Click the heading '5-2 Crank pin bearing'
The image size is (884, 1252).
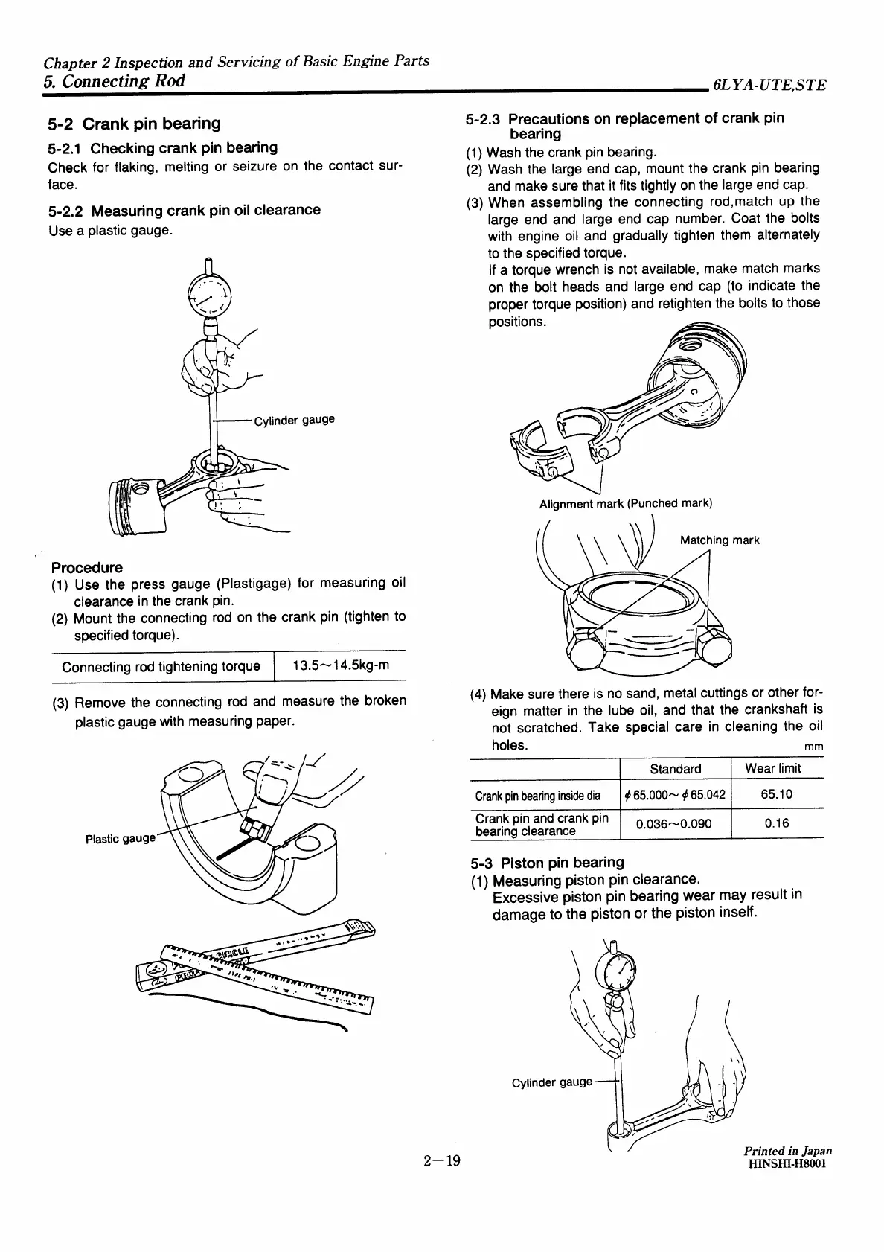(x=134, y=124)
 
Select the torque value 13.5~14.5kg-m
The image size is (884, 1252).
(x=341, y=665)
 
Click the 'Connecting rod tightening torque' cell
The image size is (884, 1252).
(x=161, y=666)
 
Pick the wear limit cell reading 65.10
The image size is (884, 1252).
(x=776, y=794)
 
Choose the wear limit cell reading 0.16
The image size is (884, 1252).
(x=776, y=823)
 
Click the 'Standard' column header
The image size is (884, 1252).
(x=675, y=769)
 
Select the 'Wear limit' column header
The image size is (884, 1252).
(x=776, y=768)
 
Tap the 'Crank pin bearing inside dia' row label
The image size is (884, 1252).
(x=538, y=796)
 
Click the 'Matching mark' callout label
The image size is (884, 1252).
(x=719, y=540)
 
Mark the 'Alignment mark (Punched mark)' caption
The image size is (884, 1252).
(x=625, y=504)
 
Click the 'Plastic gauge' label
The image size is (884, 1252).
(x=121, y=839)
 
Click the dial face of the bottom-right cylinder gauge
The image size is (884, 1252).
(x=615, y=971)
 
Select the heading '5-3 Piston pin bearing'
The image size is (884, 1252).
(x=547, y=863)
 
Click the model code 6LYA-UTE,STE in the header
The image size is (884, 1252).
(x=768, y=85)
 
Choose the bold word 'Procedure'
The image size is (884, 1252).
(x=87, y=567)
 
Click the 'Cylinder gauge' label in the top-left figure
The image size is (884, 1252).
(x=294, y=420)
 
